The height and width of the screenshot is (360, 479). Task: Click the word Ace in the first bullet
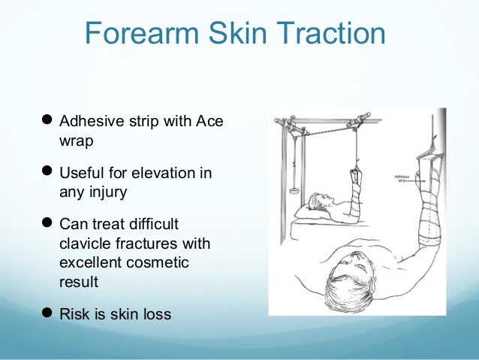coord(209,122)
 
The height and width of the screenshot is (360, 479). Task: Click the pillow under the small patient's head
coord(312,211)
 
